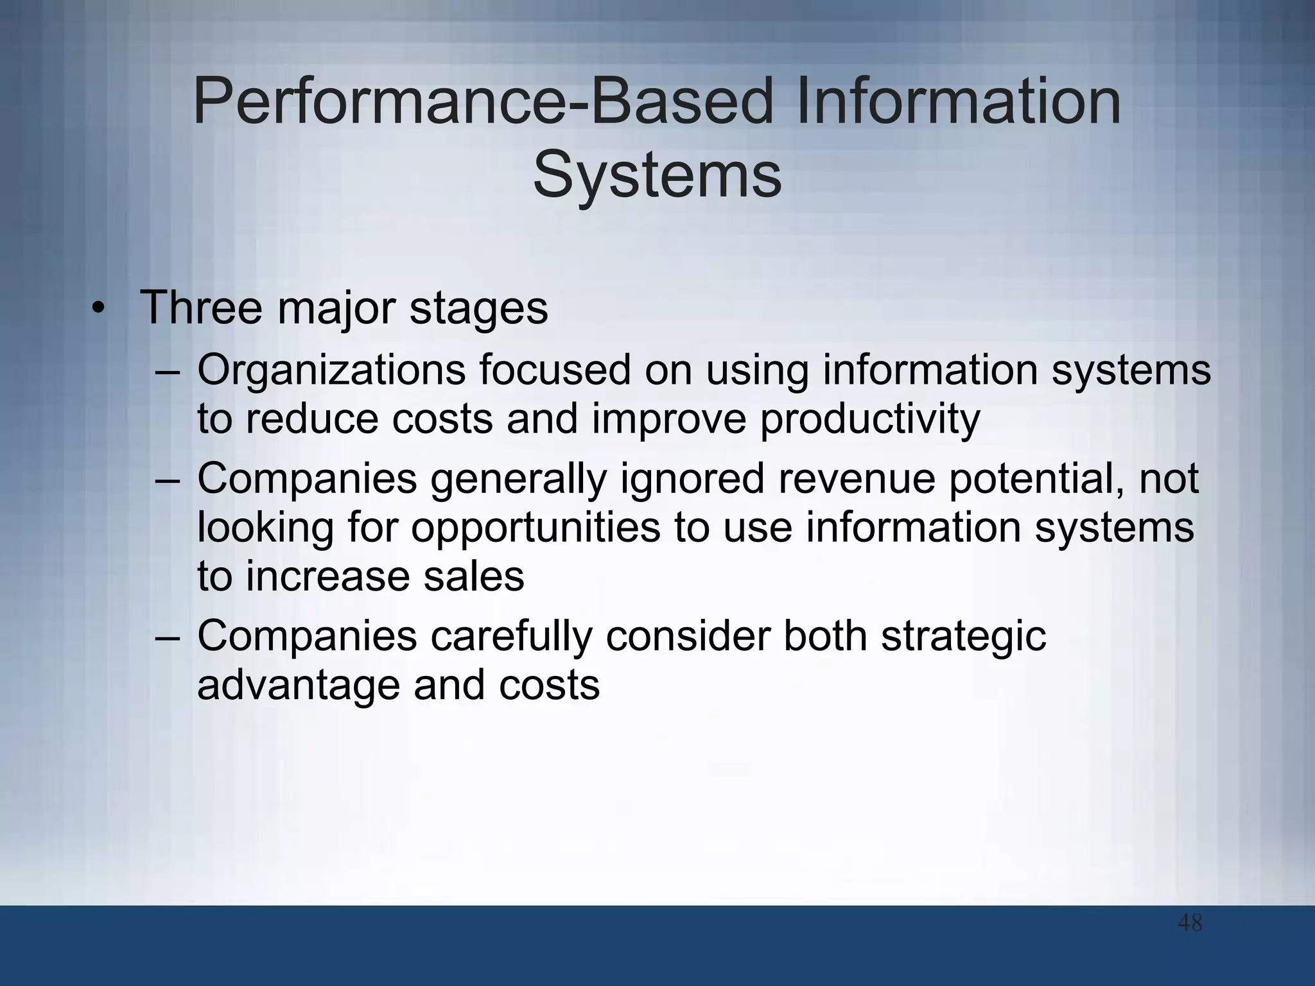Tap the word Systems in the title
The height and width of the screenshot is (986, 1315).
coord(657,175)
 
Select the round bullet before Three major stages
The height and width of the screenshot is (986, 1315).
coord(97,309)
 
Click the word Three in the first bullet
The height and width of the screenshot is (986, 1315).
coord(201,308)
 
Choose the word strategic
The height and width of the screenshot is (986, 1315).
coord(963,638)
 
